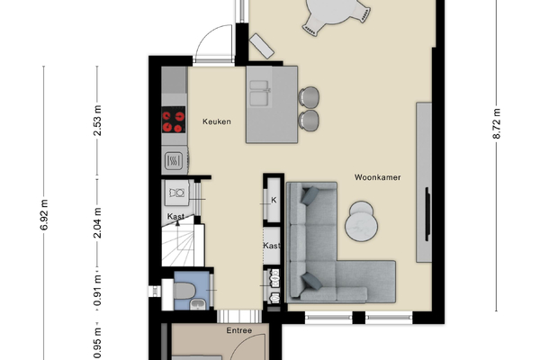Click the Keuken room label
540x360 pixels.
(x=217, y=121)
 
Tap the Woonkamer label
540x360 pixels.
(x=377, y=177)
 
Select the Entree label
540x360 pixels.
(x=239, y=330)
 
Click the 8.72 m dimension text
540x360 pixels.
(x=496, y=123)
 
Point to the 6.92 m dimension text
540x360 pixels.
(x=44, y=214)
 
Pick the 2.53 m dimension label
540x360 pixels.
(x=97, y=121)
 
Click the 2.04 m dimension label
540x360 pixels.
(x=97, y=223)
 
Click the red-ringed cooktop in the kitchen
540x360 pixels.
(x=174, y=120)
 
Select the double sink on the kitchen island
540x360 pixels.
(x=260, y=93)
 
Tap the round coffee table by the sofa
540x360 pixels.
(x=361, y=221)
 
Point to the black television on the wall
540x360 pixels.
(x=427, y=214)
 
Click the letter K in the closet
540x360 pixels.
(x=274, y=200)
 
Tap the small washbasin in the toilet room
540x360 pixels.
(x=198, y=304)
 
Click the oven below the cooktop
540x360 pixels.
(x=174, y=160)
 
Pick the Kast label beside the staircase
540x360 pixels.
(x=176, y=216)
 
